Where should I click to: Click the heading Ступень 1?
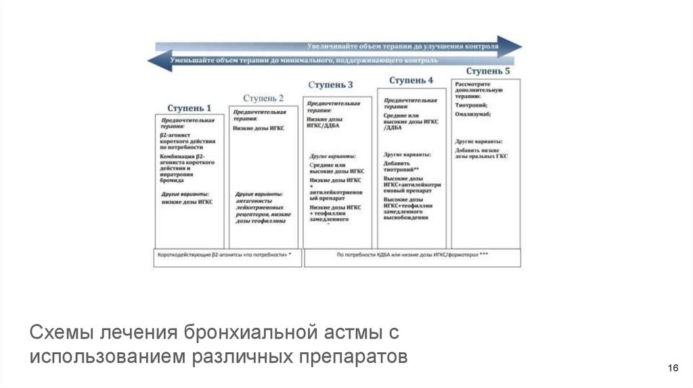(x=189, y=108)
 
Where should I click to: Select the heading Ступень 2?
(x=263, y=97)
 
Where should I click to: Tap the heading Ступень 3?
(x=330, y=85)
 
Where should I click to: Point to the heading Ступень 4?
(x=411, y=80)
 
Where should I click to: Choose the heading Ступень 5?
(x=488, y=70)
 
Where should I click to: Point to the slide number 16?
(x=673, y=367)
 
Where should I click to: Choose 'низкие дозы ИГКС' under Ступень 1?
(x=186, y=202)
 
